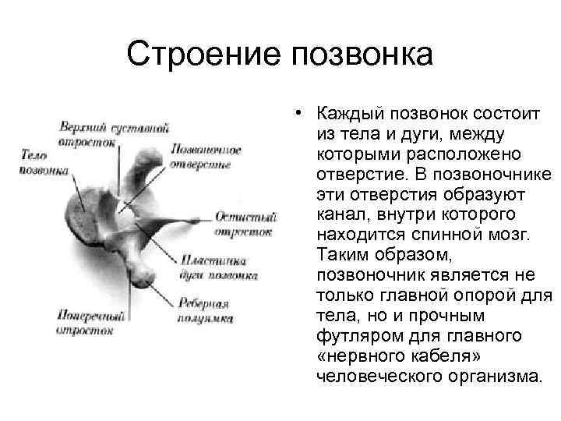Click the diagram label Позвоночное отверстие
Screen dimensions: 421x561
204,156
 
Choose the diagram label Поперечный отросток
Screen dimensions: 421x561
88,323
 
